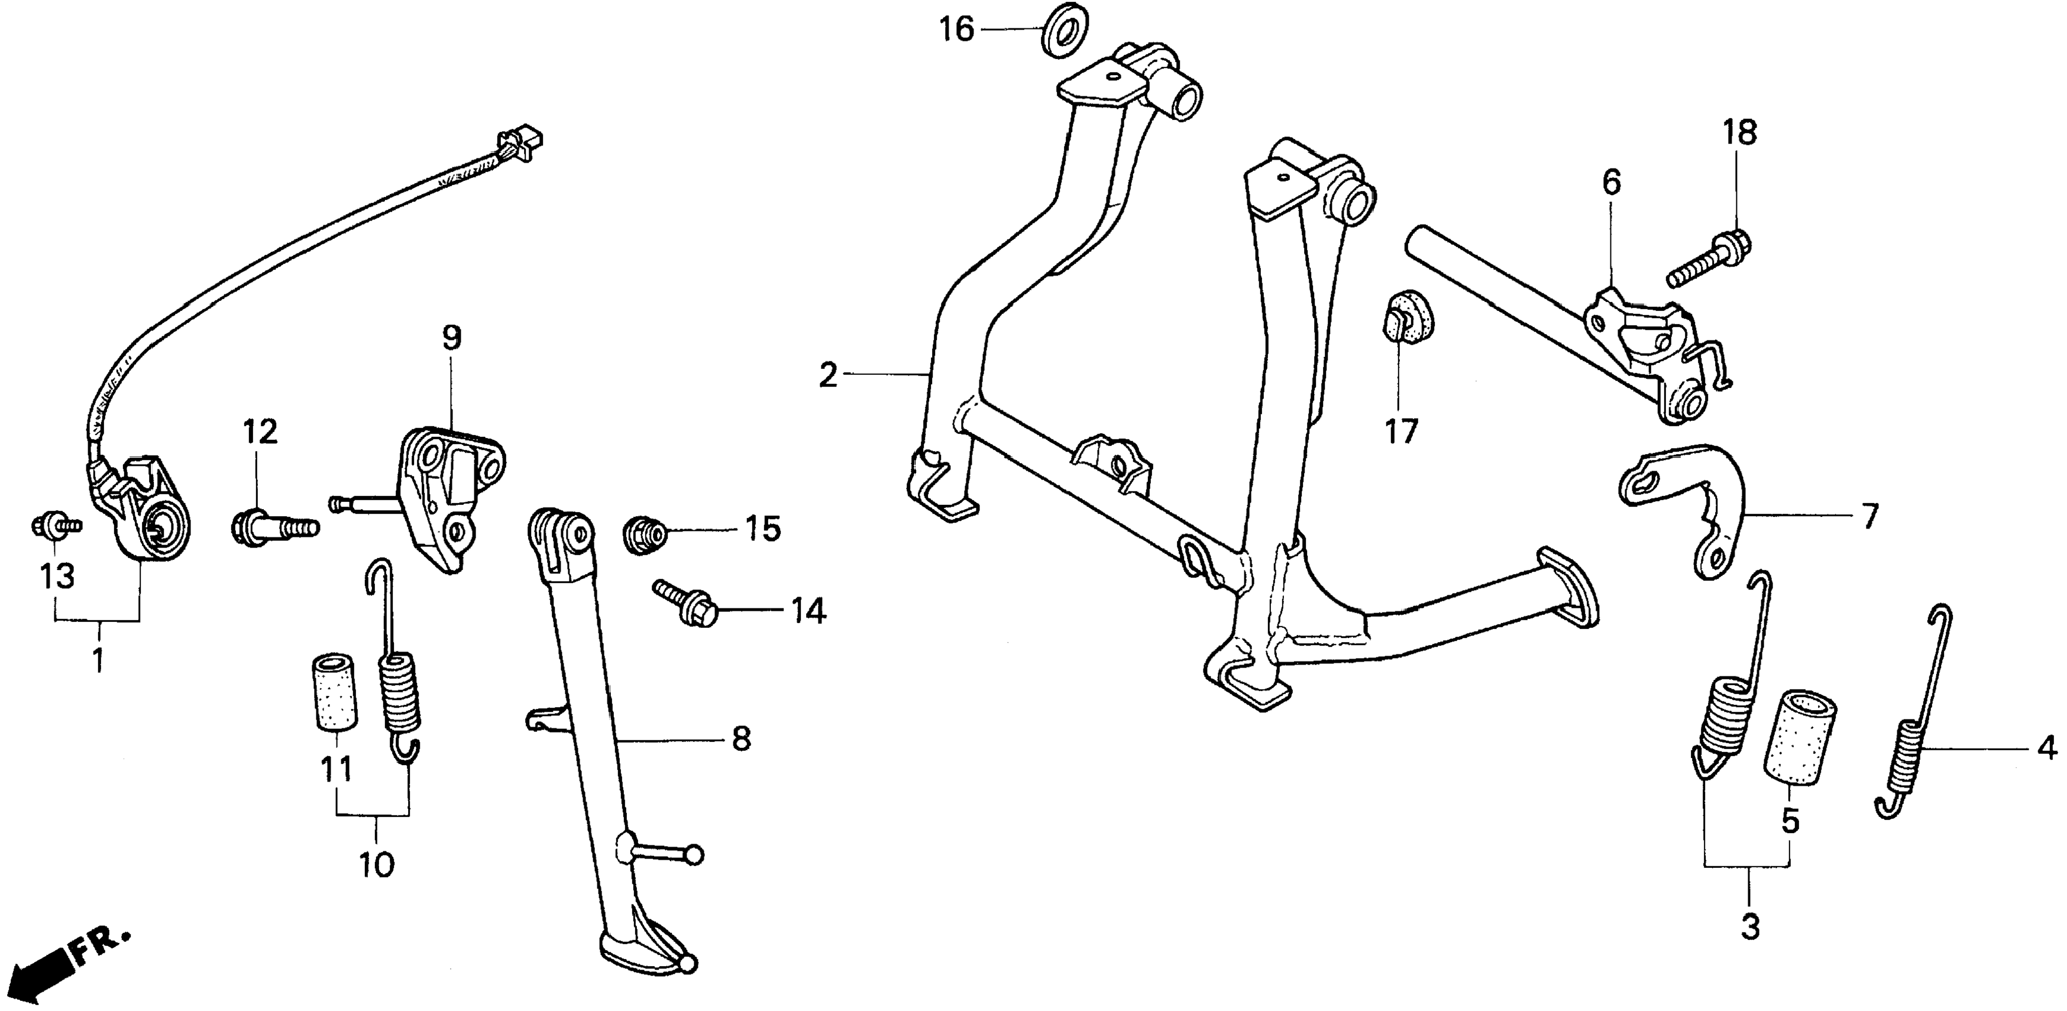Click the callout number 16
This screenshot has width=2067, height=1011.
(956, 30)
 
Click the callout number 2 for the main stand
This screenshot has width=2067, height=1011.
(828, 375)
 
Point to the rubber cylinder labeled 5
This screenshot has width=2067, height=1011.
(1799, 735)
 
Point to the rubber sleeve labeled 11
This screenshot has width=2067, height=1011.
(333, 692)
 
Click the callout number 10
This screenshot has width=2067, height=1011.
(376, 865)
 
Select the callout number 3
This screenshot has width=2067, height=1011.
(1749, 928)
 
